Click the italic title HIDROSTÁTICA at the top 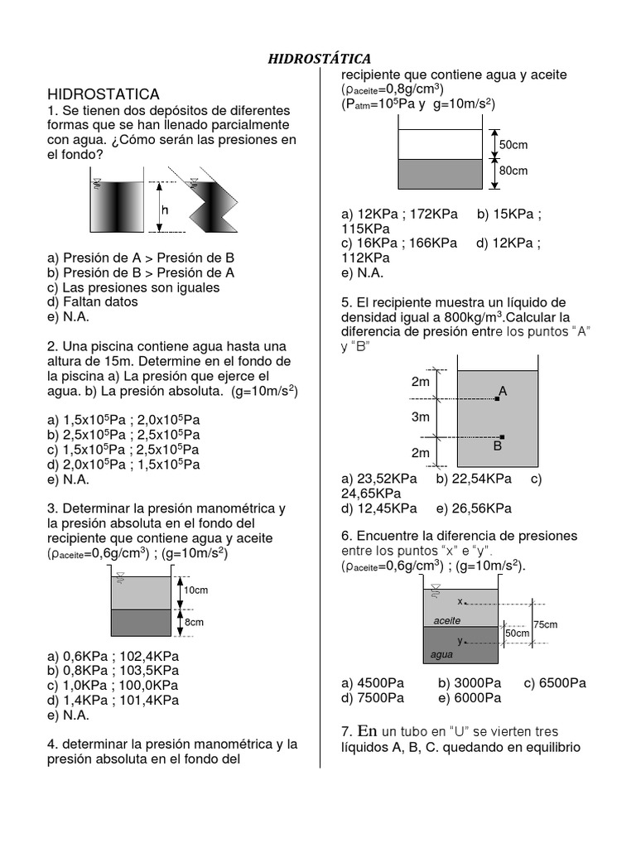(319, 58)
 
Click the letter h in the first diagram (165, 210)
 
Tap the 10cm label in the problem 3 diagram (195, 590)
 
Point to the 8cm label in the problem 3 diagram (195, 621)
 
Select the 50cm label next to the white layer (513, 145)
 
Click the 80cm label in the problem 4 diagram (513, 171)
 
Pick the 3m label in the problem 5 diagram (421, 418)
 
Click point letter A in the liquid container (503, 390)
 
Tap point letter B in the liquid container (498, 446)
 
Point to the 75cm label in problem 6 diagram (546, 624)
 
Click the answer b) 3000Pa (470, 683)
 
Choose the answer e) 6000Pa (470, 698)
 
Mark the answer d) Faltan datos (93, 302)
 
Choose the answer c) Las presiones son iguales (133, 287)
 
